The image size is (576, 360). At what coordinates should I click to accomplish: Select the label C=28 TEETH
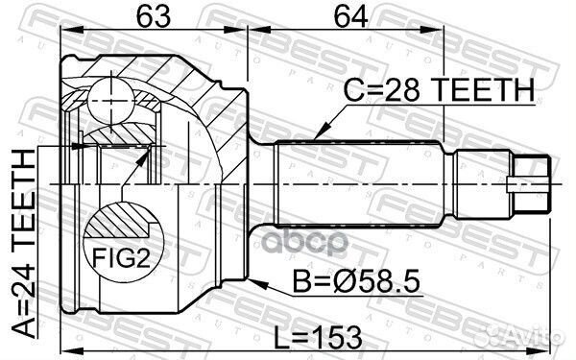(x=438, y=89)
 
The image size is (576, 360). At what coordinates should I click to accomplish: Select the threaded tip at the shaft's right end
(x=531, y=180)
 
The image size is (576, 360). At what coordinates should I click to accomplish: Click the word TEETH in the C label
(x=486, y=89)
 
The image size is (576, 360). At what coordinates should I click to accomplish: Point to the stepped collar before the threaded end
(x=483, y=180)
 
